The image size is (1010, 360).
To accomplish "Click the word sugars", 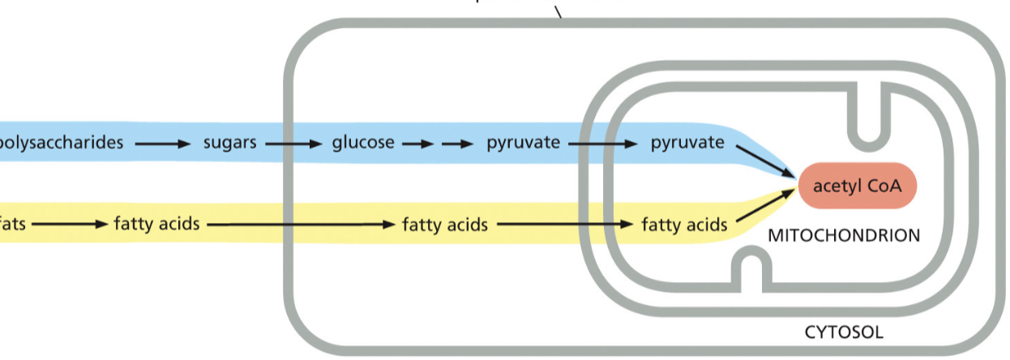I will tap(229, 144).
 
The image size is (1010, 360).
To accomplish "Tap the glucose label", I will tap(363, 144).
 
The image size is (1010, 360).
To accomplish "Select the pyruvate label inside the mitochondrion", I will tap(687, 144).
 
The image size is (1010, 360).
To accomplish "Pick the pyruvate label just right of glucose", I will tap(523, 144).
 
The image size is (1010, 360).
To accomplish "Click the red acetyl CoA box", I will tap(858, 186).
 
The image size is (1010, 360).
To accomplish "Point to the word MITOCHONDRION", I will tap(844, 236).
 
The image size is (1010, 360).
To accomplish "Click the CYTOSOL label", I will tap(843, 332).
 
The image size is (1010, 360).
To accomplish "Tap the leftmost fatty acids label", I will tap(156, 223).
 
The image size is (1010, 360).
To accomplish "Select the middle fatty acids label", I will tap(445, 224).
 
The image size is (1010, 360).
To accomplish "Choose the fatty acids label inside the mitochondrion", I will tap(684, 224).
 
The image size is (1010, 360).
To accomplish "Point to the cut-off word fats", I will tap(12, 223).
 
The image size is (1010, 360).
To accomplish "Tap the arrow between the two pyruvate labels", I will tap(603, 144).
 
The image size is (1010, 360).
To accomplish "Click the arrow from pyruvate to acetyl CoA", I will tap(764, 161).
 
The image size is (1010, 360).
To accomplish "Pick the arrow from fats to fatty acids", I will tap(69, 224).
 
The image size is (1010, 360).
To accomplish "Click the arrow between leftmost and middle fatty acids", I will tap(300, 224).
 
